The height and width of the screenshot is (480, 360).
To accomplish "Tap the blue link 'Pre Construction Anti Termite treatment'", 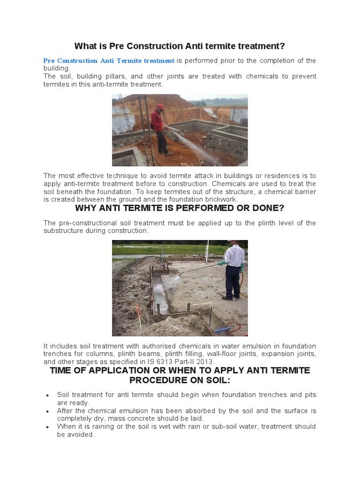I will (x=109, y=61).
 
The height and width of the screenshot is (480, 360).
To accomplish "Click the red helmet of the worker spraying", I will (x=161, y=107).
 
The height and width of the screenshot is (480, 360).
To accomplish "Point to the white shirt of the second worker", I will (x=233, y=256).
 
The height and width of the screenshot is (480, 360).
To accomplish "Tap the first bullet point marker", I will (x=48, y=395).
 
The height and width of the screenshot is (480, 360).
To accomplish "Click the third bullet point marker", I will (x=48, y=427).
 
